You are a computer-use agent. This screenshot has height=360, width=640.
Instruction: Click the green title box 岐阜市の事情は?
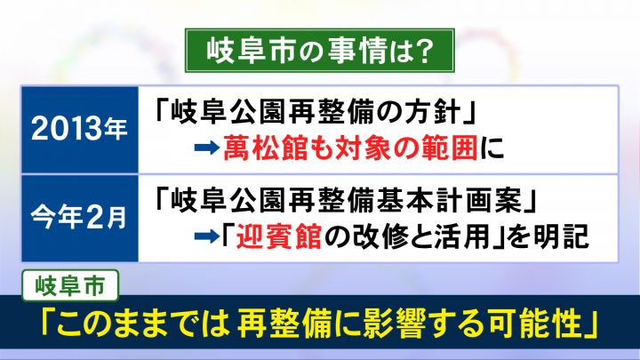point(320,51)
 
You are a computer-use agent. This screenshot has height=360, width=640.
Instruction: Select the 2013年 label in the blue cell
point(79,129)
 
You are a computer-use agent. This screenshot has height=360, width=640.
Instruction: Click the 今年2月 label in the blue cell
point(79,218)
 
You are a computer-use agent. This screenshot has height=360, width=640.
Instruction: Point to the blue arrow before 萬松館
point(207,148)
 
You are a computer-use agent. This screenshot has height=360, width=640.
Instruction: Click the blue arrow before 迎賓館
point(207,236)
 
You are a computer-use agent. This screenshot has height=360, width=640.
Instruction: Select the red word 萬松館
point(265,148)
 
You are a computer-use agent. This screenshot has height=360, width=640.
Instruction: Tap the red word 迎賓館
point(279,236)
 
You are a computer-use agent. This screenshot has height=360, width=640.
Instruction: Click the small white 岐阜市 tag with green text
point(70,285)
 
